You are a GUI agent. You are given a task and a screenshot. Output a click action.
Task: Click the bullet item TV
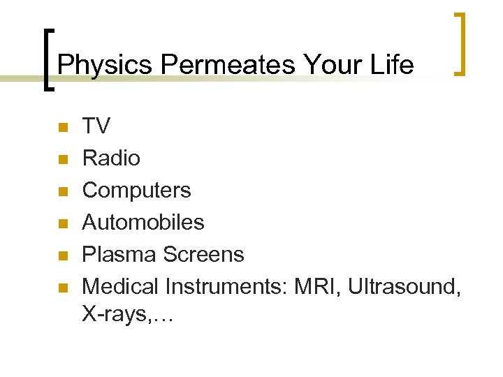96,126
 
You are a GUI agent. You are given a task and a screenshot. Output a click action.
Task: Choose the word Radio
111,158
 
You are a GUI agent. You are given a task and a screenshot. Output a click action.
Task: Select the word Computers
136,191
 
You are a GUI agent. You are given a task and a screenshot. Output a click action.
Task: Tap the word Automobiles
143,223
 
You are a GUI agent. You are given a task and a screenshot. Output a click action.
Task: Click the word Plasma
119,255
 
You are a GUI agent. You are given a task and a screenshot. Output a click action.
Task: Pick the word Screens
203,255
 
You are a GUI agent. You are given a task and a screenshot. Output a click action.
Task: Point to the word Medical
120,287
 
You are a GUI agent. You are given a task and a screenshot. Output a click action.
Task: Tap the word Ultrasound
403,287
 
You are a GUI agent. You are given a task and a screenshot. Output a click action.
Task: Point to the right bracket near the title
460,44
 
